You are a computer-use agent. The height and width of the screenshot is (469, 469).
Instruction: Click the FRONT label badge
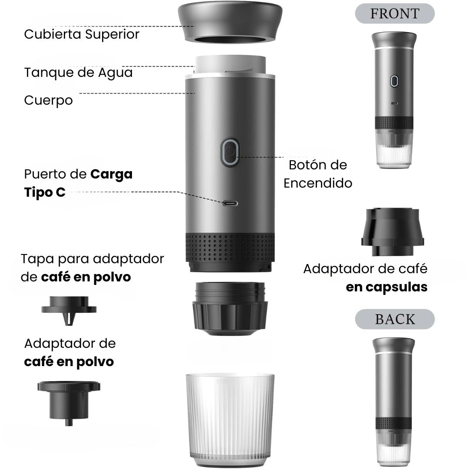click(x=394, y=13)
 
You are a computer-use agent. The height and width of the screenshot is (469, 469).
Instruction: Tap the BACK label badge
click(x=394, y=319)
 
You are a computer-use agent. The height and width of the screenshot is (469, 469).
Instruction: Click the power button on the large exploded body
click(x=230, y=152)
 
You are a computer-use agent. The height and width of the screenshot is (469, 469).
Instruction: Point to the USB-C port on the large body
click(x=230, y=204)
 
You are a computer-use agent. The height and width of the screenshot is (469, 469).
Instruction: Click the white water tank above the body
click(x=230, y=65)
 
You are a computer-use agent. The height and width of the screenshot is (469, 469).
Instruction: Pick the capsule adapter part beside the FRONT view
click(x=393, y=232)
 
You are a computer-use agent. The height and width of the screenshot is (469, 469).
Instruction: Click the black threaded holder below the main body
click(x=230, y=309)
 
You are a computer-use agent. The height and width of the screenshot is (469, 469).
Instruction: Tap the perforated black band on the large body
click(x=230, y=248)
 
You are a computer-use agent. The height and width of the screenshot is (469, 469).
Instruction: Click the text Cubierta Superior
click(x=82, y=34)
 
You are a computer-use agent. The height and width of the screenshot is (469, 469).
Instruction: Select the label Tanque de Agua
click(x=78, y=73)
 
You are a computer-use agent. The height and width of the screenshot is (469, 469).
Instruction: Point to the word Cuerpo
click(x=49, y=100)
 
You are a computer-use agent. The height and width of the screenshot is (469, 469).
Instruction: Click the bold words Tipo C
click(x=45, y=192)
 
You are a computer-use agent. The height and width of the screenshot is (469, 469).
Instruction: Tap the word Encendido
click(x=318, y=183)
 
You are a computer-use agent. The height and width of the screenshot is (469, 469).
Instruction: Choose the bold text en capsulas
click(x=387, y=287)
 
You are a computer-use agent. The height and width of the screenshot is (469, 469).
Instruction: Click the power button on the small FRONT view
click(x=394, y=81)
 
